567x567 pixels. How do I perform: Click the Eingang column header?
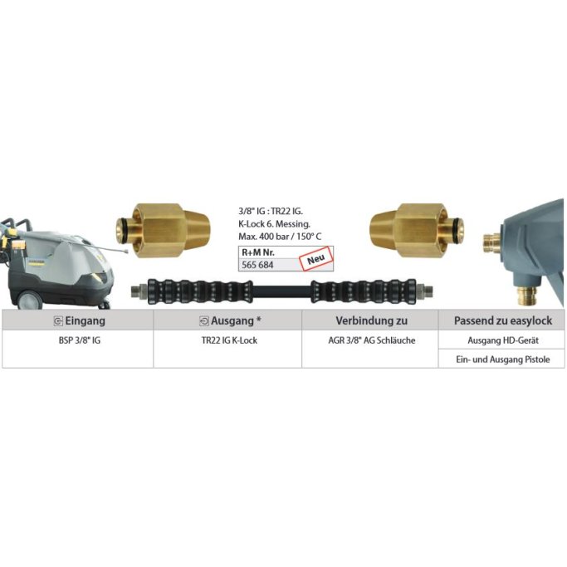click(77, 320)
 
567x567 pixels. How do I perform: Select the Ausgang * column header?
click(227, 320)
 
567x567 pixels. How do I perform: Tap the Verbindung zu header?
click(369, 320)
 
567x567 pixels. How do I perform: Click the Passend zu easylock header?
click(501, 320)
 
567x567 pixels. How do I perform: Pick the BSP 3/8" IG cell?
click(77, 341)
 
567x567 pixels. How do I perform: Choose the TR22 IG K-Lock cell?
click(227, 341)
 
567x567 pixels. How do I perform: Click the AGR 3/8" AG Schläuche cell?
click(369, 341)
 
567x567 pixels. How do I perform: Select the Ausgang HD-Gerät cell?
click(501, 341)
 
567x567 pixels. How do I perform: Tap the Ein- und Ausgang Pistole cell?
click(501, 359)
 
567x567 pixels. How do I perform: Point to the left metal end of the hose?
click(138, 291)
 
